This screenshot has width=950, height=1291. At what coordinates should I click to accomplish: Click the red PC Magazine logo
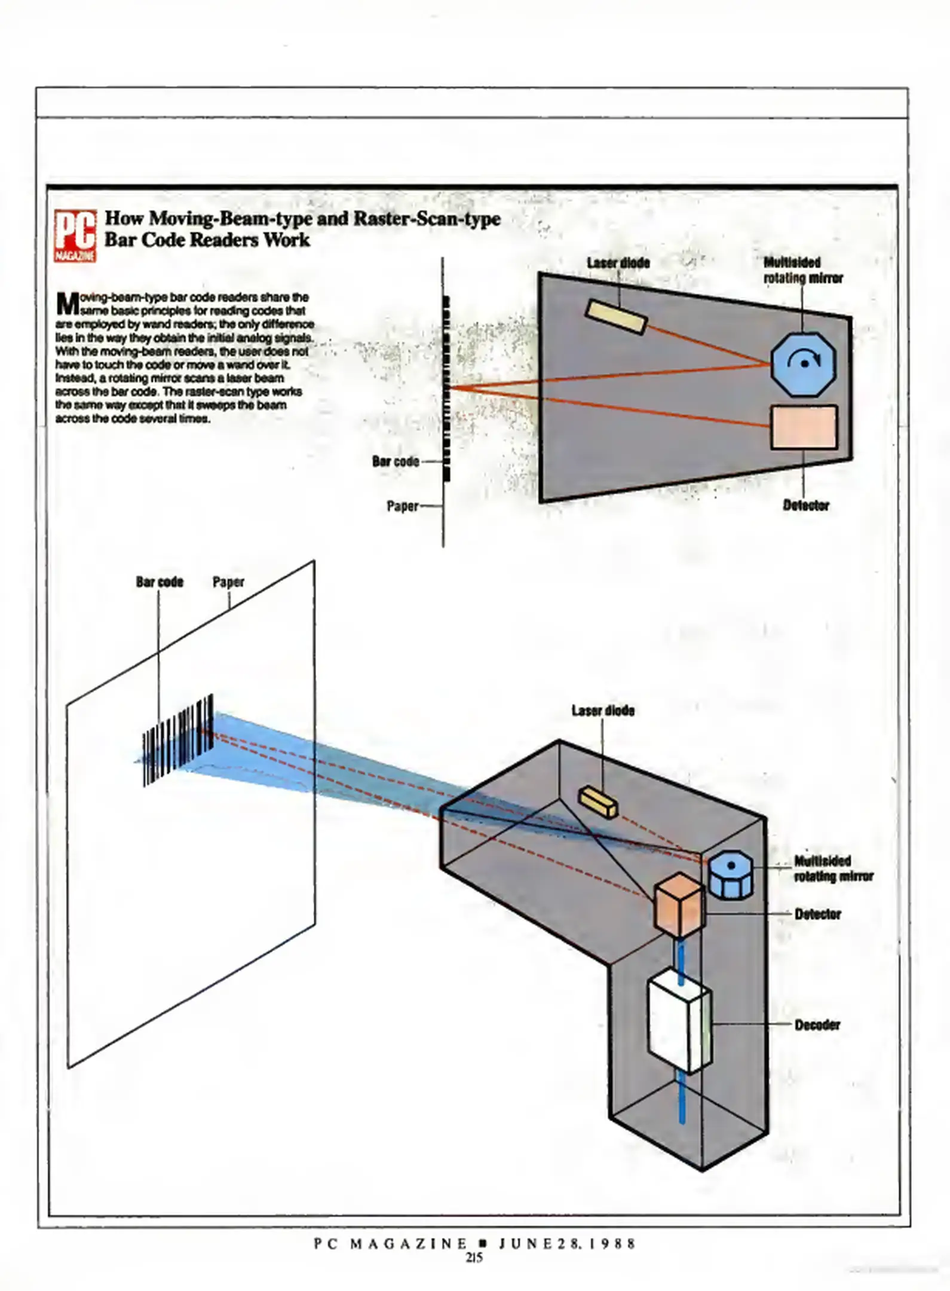[x=75, y=235]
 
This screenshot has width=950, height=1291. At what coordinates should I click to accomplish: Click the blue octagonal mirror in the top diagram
[x=803, y=363]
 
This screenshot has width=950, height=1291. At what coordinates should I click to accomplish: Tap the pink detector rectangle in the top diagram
[x=804, y=427]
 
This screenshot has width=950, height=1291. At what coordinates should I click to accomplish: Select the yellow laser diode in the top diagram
[x=616, y=316]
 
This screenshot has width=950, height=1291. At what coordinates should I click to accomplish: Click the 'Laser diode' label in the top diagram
[x=618, y=263]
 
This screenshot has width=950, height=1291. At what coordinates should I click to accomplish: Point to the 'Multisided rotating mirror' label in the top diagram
[x=802, y=270]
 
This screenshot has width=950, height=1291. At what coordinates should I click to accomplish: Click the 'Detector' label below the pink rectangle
[x=806, y=506]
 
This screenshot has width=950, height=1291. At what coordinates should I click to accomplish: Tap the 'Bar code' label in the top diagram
[x=395, y=461]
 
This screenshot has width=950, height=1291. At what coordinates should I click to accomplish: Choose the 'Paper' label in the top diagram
[x=402, y=506]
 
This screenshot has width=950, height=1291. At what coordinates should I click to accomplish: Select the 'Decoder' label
[x=817, y=1025]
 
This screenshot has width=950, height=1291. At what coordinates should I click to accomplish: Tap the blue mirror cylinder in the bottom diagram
[x=731, y=874]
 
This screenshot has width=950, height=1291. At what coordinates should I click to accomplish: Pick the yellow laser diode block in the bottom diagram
[x=598, y=801]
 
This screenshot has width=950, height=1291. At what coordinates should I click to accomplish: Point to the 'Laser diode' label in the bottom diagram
[x=603, y=711]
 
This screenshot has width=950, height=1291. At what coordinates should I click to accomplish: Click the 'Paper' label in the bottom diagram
[x=228, y=582]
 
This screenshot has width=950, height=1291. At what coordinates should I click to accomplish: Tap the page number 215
[x=474, y=1258]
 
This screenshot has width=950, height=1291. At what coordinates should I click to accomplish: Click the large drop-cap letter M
[x=68, y=304]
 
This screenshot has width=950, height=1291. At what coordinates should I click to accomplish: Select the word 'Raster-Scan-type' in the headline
[x=427, y=219]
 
